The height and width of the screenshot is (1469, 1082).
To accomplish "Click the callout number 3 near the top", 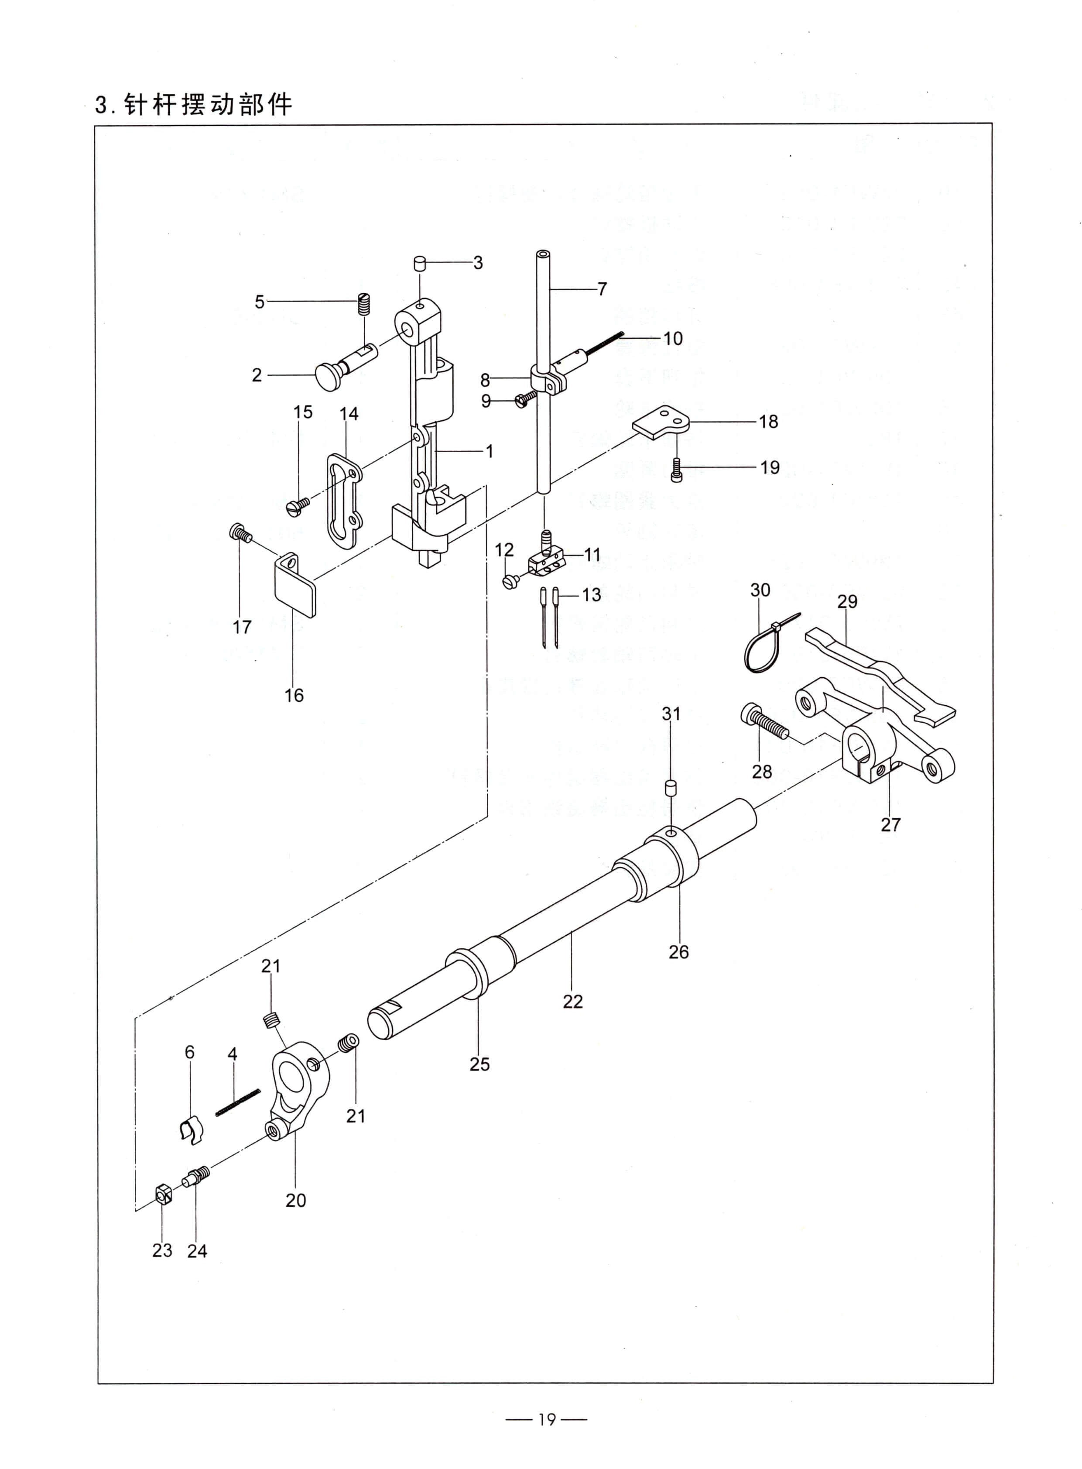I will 478,263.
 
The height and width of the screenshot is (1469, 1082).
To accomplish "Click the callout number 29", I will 847,601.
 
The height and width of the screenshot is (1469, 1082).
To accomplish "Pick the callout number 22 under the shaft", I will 572,1001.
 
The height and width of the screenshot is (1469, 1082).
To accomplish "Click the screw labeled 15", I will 299,504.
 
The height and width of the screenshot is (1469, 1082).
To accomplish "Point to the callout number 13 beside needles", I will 592,594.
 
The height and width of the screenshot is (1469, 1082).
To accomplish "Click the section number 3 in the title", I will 101,106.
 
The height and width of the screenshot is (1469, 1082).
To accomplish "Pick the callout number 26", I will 678,951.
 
